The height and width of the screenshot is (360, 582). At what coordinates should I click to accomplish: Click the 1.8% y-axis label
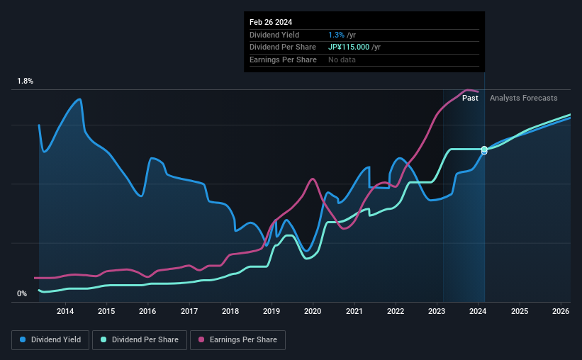[26, 81]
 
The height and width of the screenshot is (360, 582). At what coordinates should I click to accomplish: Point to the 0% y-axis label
[22, 293]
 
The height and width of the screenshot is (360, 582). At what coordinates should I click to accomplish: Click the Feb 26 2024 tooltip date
[271, 22]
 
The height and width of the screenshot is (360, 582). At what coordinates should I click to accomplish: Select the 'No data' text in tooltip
[342, 60]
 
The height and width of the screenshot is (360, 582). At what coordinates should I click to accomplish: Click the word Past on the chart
[470, 98]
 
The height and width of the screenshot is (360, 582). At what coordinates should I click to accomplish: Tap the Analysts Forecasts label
[523, 98]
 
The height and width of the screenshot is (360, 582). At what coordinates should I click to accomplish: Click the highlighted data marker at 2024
[484, 150]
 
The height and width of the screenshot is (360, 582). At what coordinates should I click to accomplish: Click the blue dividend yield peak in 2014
[80, 99]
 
